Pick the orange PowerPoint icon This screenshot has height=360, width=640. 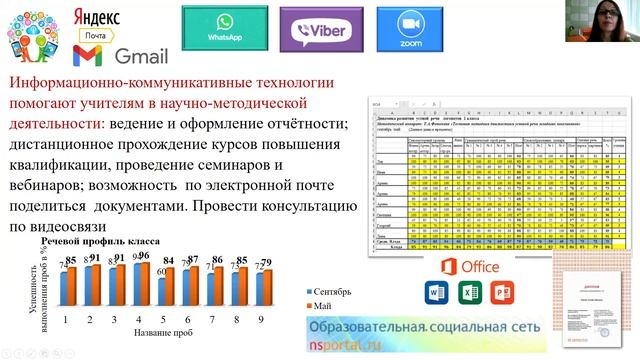pyautogui.click(x=505, y=293)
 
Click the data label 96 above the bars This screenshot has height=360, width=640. pyautogui.click(x=142, y=256)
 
